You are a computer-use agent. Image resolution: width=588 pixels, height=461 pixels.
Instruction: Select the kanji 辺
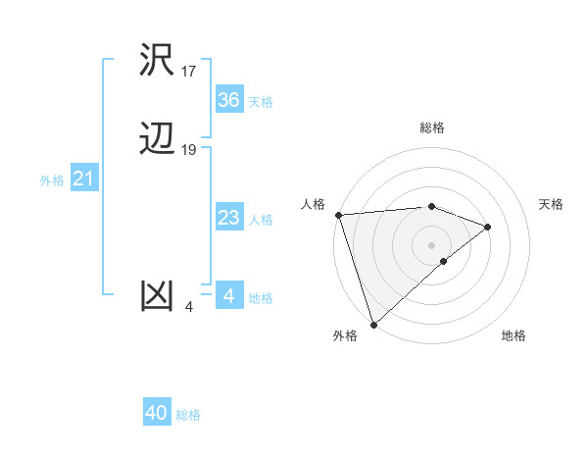(x=158, y=139)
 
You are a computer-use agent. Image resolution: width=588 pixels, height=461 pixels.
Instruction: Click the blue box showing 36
(x=229, y=100)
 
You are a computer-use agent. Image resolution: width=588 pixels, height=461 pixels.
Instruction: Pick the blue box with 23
(x=229, y=218)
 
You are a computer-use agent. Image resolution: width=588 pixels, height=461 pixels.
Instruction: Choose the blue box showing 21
(x=84, y=179)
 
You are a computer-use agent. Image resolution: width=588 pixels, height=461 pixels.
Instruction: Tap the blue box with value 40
(x=157, y=413)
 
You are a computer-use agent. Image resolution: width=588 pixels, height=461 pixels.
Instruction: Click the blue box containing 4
(x=229, y=296)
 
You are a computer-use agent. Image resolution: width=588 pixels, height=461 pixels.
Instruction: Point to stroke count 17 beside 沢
(x=189, y=71)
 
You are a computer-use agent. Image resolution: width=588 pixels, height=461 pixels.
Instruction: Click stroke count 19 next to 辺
(x=189, y=150)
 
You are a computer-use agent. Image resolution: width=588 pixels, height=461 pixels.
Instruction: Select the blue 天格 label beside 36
(x=261, y=102)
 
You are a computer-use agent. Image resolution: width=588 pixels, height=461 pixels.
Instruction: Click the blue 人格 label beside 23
(x=261, y=220)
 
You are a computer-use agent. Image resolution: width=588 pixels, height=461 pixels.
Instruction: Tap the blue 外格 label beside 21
(x=52, y=180)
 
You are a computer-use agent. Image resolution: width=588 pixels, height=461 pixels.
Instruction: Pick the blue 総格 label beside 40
(x=188, y=415)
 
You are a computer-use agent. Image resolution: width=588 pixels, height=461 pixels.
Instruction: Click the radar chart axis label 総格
(x=432, y=128)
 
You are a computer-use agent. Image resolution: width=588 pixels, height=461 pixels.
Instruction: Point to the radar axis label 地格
(x=514, y=335)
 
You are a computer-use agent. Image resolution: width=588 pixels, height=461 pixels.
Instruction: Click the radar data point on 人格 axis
(x=338, y=214)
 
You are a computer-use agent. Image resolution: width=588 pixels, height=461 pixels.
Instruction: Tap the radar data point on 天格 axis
(x=488, y=227)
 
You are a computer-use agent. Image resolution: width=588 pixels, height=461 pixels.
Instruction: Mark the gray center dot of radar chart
(x=432, y=244)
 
